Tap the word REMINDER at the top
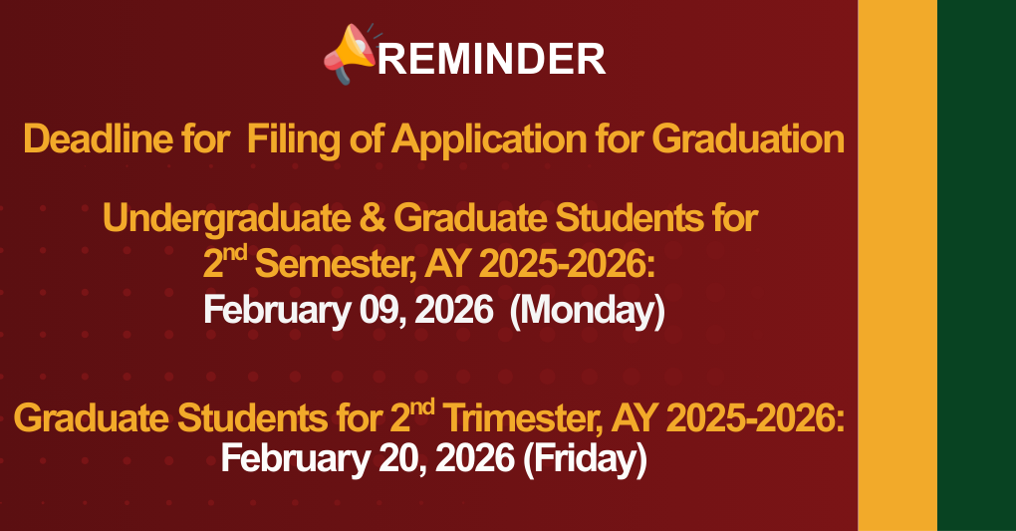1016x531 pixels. (492, 60)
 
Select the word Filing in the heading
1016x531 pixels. (288, 138)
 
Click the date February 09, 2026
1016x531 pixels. (348, 311)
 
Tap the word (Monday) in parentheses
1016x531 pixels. (587, 311)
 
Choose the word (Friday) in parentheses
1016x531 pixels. (585, 459)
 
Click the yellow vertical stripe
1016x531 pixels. (896, 265)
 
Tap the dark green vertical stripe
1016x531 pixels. (976, 265)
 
